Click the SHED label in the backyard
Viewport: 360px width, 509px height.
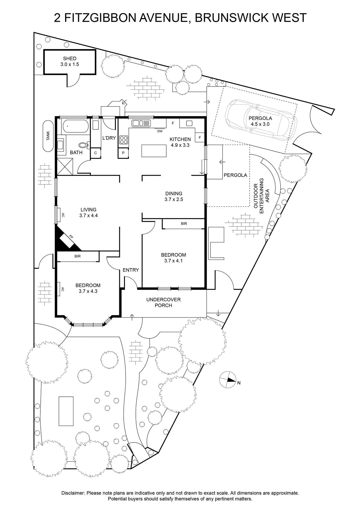[70, 59]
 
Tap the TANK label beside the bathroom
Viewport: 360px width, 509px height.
[48, 136]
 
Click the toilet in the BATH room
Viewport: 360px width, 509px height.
[84, 145]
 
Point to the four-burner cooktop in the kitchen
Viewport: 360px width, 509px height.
[124, 140]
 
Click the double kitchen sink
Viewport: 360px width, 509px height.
[141, 123]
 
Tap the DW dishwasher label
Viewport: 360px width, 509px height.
[160, 131]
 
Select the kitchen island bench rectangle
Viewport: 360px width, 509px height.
[154, 151]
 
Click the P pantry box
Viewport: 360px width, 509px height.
[123, 153]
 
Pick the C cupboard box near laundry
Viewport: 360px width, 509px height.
[95, 153]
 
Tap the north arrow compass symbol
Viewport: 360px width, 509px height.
[227, 380]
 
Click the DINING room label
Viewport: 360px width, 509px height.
[174, 193]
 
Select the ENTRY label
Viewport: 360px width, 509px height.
[131, 270]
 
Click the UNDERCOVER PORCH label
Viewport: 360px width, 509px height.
[163, 303]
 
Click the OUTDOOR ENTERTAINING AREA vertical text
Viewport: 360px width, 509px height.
[261, 196]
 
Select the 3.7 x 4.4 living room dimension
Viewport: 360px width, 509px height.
[88, 215]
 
